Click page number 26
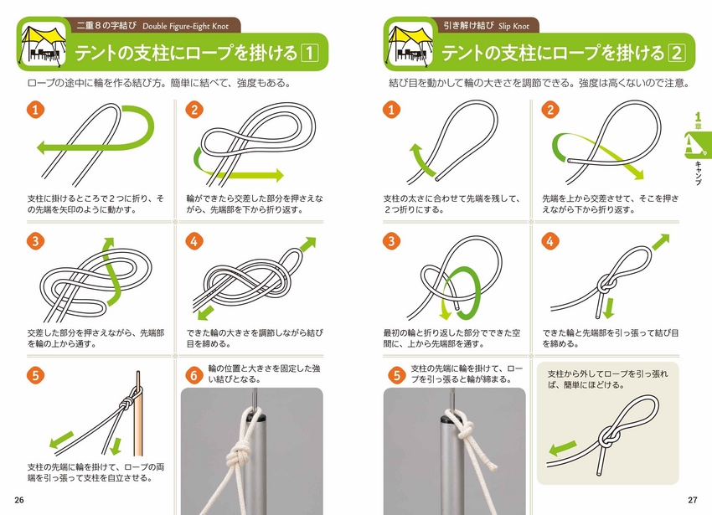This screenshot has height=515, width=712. point(19,500)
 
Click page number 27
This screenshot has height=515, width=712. point(692,500)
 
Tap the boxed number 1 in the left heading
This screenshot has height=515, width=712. point(309,54)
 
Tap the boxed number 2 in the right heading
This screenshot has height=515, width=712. point(676,54)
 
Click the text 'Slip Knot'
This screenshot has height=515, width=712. point(515,25)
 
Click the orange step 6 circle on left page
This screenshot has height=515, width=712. point(193,376)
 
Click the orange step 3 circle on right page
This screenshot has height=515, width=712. point(391,242)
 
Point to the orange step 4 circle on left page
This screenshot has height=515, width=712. point(193,242)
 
